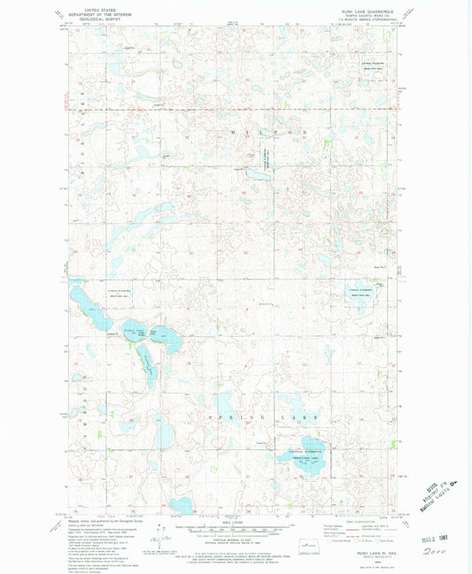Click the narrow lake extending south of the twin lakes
[x=145, y=357]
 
